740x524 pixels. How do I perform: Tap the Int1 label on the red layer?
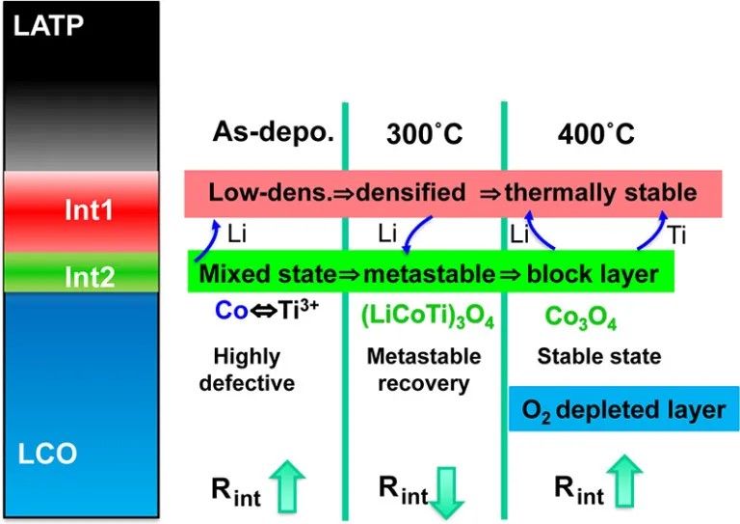88,209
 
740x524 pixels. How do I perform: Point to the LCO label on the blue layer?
49,453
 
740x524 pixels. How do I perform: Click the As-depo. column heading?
273,133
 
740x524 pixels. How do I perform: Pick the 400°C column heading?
595,134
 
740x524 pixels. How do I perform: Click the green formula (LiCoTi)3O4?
426,317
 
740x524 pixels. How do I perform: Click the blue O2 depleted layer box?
623,409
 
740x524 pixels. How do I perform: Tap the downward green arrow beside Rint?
447,491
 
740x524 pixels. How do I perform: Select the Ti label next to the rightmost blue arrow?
679,233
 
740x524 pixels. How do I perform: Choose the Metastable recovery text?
424,370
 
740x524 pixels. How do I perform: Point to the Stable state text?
598,357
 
